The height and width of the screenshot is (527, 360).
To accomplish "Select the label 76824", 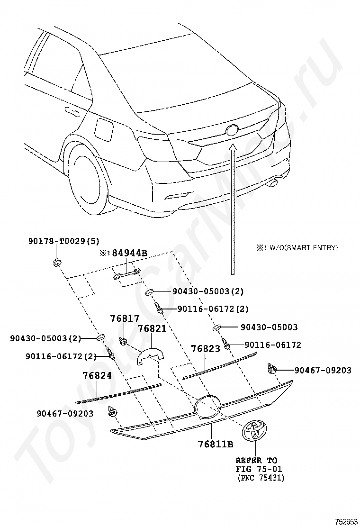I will (97, 375).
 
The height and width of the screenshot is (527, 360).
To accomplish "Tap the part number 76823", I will (206, 349).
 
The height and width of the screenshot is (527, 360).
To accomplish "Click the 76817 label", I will (125, 319).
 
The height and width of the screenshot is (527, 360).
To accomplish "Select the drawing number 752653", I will (345, 521).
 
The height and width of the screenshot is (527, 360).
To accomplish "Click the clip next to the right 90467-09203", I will (271, 369).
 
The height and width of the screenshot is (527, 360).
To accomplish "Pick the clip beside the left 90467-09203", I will (113, 411).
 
